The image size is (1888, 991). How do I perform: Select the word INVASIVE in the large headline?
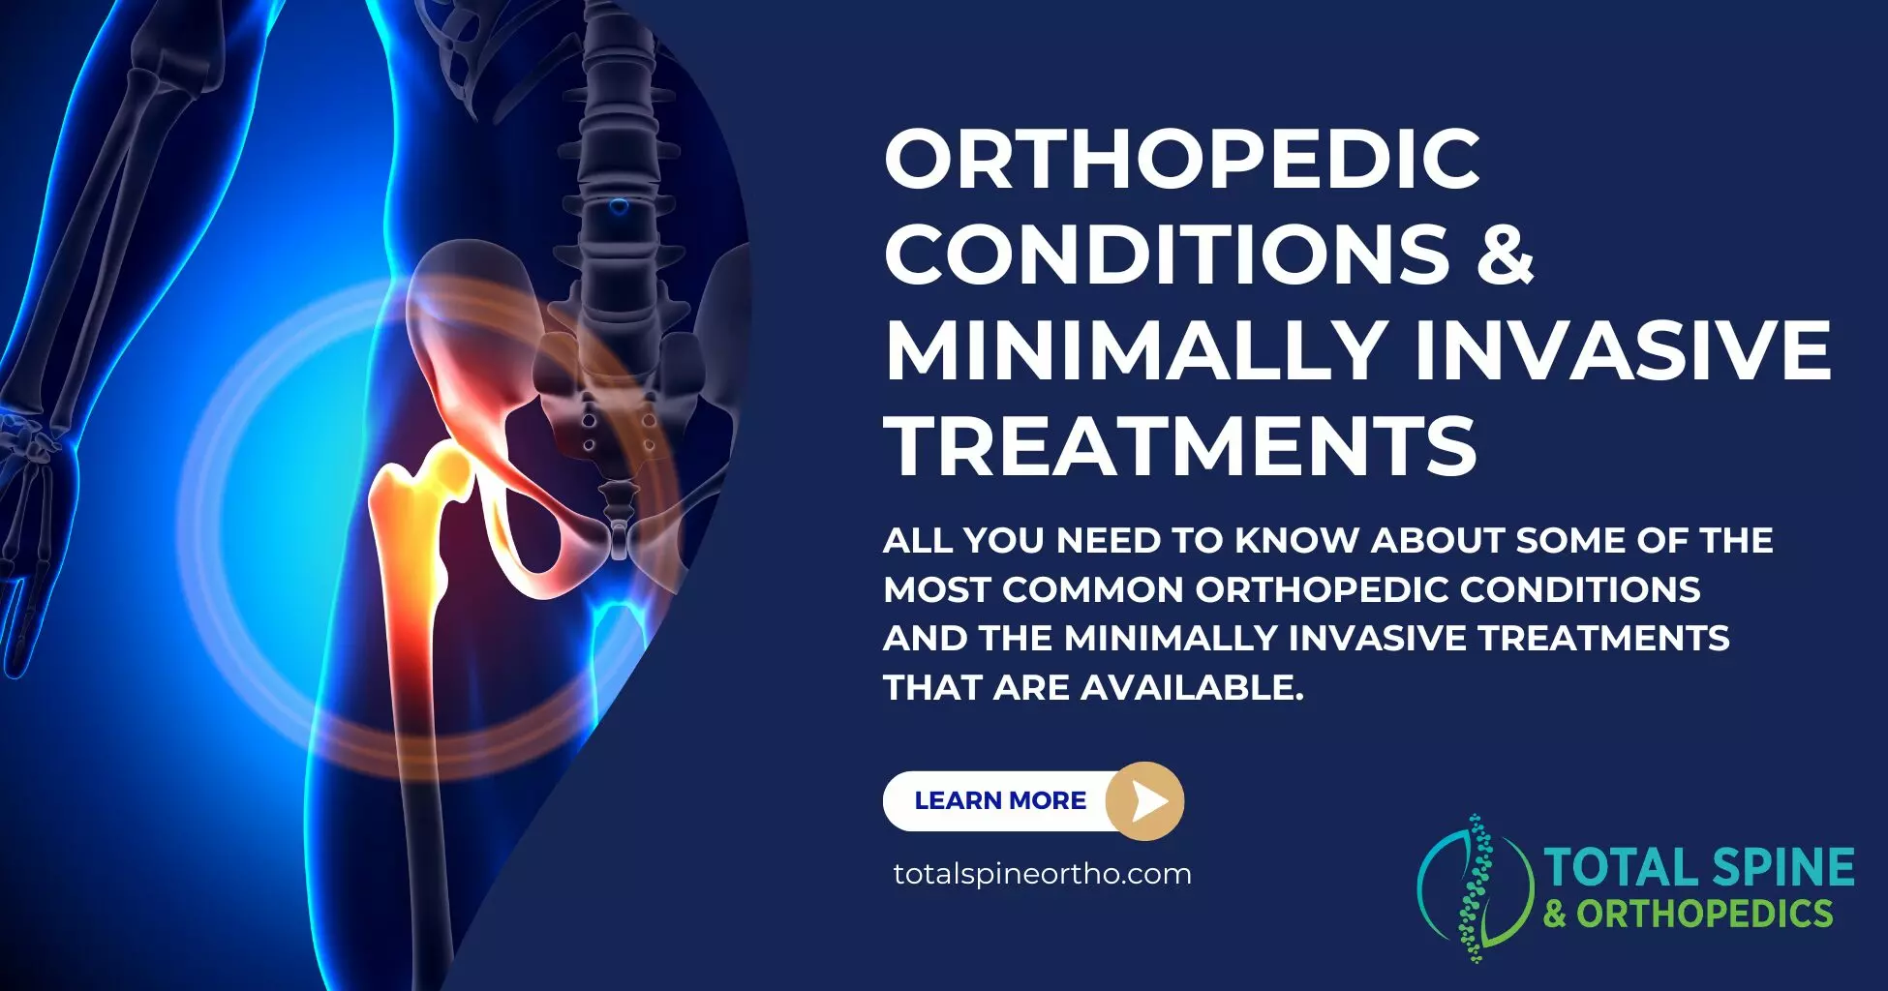click(x=1624, y=349)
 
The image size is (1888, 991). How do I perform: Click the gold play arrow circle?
click(x=1145, y=800)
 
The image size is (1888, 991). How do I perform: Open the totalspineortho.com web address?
click(x=1042, y=874)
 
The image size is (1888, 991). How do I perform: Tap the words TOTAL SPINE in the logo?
click(x=1698, y=867)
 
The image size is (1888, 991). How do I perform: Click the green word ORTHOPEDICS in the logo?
click(x=1704, y=914)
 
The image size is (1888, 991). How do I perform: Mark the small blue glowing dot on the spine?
click(x=619, y=206)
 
